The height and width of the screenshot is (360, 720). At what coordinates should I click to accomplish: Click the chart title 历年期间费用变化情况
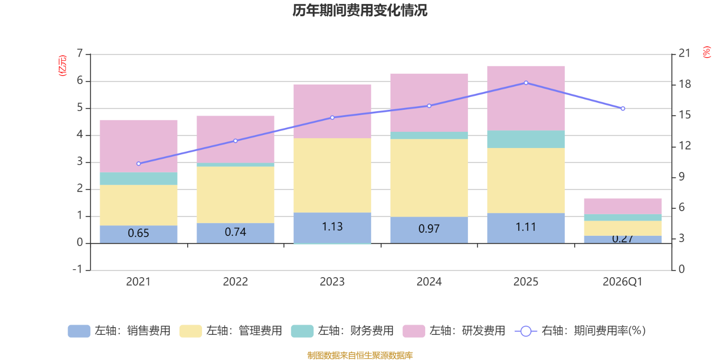click(360, 10)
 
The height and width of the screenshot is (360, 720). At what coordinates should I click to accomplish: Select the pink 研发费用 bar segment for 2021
click(138, 146)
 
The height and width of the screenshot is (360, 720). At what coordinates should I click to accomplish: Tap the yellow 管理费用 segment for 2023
click(332, 175)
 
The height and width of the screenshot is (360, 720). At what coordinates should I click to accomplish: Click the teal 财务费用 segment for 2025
click(526, 139)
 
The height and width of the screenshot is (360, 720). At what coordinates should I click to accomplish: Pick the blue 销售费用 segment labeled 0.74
click(235, 233)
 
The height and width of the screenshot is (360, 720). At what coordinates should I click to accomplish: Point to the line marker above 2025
click(526, 83)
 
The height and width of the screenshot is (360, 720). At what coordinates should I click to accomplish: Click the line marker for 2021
click(138, 164)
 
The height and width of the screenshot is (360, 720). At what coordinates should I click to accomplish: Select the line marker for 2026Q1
click(623, 108)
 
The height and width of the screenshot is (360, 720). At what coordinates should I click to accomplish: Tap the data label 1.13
click(332, 226)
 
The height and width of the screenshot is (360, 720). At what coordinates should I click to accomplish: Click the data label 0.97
click(429, 229)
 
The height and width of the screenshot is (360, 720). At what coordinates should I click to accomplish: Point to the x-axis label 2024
click(429, 282)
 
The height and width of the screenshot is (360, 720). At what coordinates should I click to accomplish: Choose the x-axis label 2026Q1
click(622, 282)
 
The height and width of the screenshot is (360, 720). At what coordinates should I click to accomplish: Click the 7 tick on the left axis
click(80, 54)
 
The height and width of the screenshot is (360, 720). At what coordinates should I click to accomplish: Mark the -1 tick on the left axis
click(78, 270)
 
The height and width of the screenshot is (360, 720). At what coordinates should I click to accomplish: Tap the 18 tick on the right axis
click(684, 84)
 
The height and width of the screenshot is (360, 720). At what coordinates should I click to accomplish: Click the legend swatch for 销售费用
click(79, 331)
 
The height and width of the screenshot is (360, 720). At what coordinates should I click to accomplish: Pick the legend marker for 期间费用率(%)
click(526, 331)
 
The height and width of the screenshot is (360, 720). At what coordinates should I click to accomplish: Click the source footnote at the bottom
click(360, 355)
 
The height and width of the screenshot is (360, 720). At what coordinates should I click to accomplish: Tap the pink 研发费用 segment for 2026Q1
click(622, 206)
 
